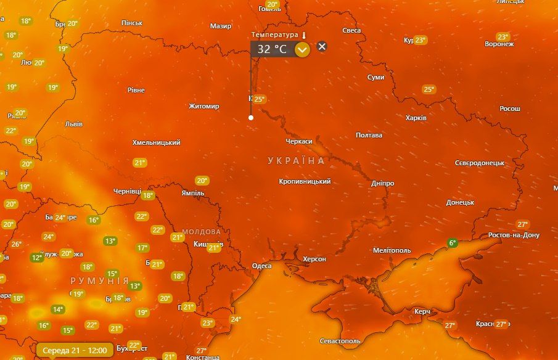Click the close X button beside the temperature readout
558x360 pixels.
322,46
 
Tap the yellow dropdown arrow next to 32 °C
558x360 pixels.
302,50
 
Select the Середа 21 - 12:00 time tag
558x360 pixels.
75,350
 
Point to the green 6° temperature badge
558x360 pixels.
453,243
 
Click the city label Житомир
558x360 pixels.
204,106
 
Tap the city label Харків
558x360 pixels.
416,118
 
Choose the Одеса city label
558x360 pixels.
262,266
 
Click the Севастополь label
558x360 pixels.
340,341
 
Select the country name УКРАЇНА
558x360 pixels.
296,160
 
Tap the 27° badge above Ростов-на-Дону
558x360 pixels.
523,224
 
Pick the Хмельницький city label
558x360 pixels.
157,142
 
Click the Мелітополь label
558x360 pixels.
392,250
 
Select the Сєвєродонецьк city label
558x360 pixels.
480,163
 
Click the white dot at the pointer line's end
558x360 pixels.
251,117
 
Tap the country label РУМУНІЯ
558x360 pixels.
100,280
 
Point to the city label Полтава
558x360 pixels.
369,135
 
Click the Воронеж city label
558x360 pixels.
499,44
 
